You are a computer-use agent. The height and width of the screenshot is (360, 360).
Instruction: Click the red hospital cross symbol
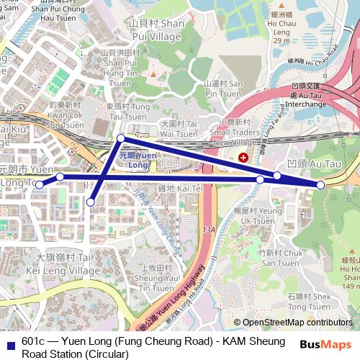click(x=243, y=156)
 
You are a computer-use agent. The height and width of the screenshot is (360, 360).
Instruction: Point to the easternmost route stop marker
click(x=320, y=185)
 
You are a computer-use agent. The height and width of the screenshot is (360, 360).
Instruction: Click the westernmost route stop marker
click(x=40, y=185)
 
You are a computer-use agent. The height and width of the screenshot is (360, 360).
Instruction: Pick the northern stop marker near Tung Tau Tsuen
click(x=121, y=138)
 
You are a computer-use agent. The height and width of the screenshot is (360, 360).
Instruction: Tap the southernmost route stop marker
click(x=91, y=202)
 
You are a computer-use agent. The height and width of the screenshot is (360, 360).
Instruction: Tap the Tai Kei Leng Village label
click(x=63, y=264)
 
